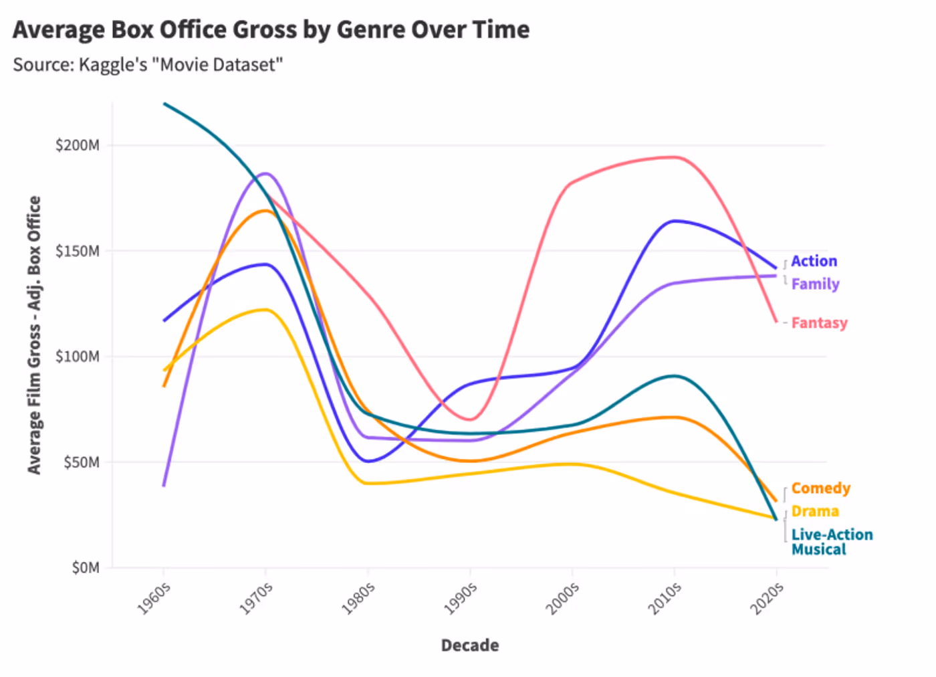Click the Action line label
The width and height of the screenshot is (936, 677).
click(x=814, y=261)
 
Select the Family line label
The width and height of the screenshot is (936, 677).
click(x=815, y=284)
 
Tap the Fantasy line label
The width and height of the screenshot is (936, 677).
click(x=819, y=322)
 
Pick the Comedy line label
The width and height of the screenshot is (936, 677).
click(x=820, y=488)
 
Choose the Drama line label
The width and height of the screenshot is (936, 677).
click(x=814, y=511)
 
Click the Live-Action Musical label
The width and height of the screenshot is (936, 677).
click(x=831, y=542)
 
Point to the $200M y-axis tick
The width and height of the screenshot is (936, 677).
click(x=77, y=145)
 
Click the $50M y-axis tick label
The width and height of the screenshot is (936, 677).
click(x=81, y=462)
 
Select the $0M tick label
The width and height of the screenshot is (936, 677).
click(x=85, y=568)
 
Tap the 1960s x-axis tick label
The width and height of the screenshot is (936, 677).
click(x=154, y=598)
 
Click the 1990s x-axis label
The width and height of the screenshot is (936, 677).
click(x=461, y=598)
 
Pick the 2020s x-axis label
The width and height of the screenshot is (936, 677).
click(x=767, y=598)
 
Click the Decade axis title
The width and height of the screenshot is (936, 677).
click(x=469, y=645)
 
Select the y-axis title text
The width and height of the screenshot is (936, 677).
click(x=34, y=334)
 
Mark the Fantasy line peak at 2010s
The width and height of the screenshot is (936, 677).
click(x=675, y=157)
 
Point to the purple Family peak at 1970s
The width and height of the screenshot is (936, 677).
click(x=266, y=173)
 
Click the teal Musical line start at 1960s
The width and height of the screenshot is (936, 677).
click(x=164, y=104)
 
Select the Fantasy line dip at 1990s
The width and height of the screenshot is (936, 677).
click(x=471, y=419)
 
